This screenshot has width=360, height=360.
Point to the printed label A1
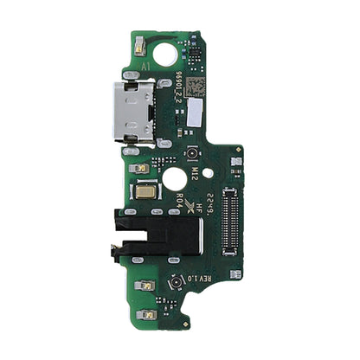pos(146,66)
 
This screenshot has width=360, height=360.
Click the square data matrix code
pos(197,86)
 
